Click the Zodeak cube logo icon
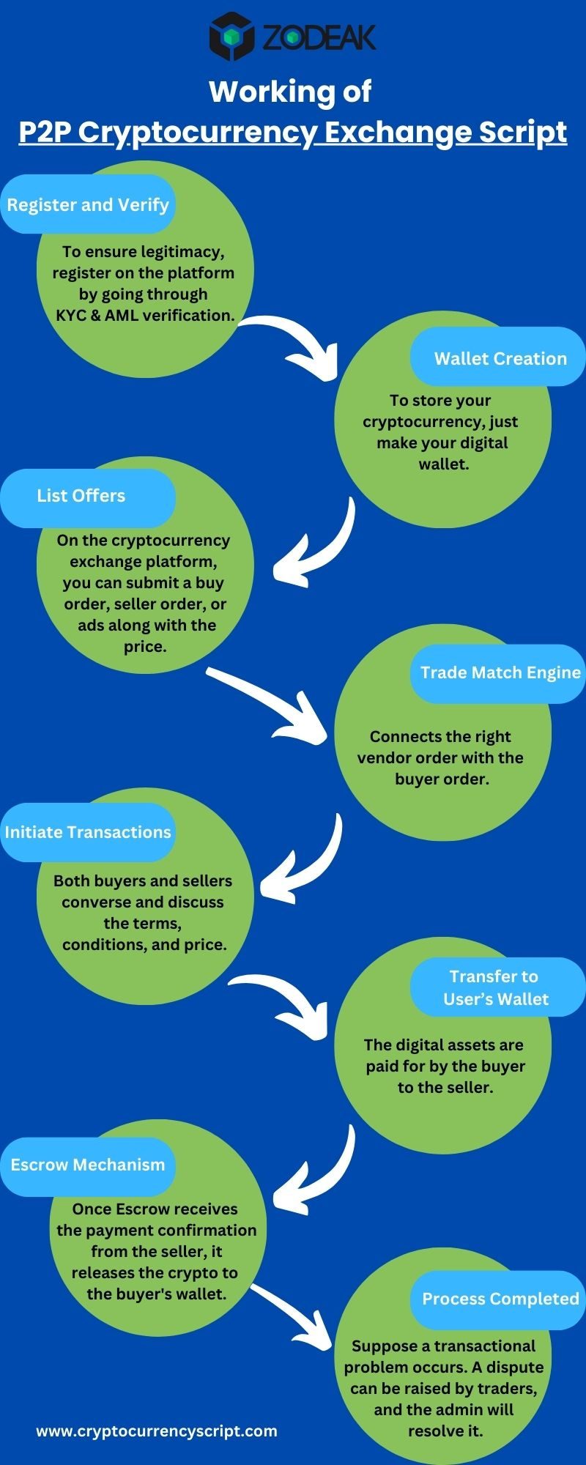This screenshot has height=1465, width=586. click(x=231, y=36)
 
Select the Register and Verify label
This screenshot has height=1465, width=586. click(x=88, y=204)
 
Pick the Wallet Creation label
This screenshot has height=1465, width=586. click(x=500, y=358)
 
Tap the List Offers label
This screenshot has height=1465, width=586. click(x=81, y=496)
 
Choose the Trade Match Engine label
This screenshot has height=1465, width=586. click(x=500, y=672)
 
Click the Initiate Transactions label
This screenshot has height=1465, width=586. click(x=88, y=832)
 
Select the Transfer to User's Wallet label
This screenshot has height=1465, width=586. click(x=496, y=987)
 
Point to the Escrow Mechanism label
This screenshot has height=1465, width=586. click(x=88, y=1165)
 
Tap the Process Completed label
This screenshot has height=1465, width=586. click(x=500, y=1299)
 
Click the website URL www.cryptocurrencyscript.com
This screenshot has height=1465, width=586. click(x=157, y=1431)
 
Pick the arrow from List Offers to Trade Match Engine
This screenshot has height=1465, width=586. click(x=271, y=707)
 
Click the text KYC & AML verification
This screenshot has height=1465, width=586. click(x=145, y=315)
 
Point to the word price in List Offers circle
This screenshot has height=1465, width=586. click(x=144, y=647)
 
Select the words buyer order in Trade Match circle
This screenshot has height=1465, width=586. click(x=442, y=779)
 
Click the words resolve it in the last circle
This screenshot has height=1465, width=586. click(x=445, y=1431)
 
